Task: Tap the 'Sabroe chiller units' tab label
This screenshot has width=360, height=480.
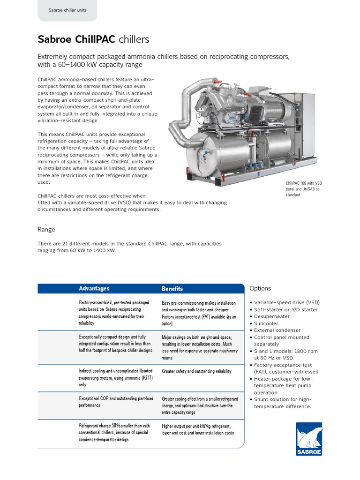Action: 67,10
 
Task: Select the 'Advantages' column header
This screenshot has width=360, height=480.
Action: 94,288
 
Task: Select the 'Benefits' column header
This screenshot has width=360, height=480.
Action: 172,289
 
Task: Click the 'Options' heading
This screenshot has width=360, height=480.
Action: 260,288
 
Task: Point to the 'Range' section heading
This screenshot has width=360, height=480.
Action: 46,229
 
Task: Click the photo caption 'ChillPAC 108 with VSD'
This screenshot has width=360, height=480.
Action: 304,183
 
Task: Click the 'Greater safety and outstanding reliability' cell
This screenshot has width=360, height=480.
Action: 196,371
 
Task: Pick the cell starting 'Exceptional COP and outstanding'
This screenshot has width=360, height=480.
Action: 115,401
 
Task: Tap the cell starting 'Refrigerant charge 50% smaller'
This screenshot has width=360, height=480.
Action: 114,432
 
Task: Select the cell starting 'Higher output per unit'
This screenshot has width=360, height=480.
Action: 197,429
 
